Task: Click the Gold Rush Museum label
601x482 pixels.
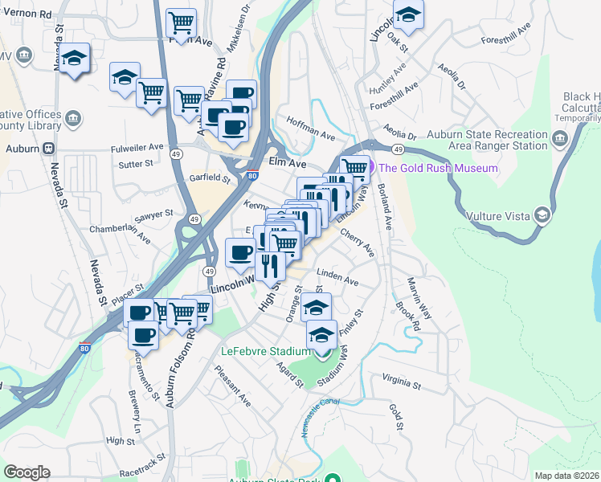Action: [438, 168]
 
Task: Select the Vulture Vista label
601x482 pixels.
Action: [499, 214]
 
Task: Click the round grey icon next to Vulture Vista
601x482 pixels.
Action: [543, 214]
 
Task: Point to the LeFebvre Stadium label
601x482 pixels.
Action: [265, 352]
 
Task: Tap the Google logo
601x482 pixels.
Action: [27, 472]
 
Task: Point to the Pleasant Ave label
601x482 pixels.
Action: [233, 386]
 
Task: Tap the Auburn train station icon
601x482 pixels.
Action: [48, 149]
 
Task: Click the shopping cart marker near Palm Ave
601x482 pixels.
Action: [182, 22]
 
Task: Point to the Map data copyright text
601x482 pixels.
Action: [567, 476]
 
